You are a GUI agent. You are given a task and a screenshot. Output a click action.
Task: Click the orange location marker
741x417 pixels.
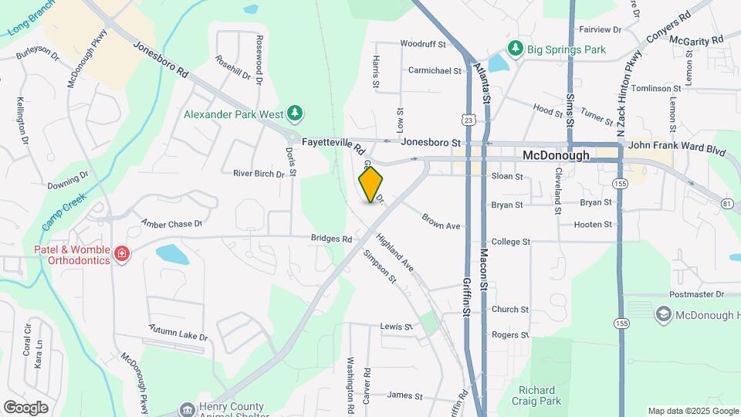tap(371, 184)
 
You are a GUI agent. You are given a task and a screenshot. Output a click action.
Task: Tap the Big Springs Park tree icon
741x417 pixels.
tap(516, 49)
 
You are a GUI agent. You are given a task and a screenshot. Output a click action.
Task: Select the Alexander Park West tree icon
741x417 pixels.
tap(294, 114)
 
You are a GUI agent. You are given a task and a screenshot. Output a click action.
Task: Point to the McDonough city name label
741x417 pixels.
tap(556, 155)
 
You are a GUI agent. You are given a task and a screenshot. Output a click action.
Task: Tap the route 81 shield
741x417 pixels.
tap(727, 203)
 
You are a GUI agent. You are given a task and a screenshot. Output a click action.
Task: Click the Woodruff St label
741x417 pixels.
tap(424, 45)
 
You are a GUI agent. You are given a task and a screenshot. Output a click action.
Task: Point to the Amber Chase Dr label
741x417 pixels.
tap(171, 223)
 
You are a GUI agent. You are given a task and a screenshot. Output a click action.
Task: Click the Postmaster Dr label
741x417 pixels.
tap(698, 294)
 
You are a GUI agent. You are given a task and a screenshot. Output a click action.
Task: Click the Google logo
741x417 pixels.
tap(25, 408)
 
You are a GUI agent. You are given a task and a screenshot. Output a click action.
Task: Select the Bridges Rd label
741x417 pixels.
tap(331, 239)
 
